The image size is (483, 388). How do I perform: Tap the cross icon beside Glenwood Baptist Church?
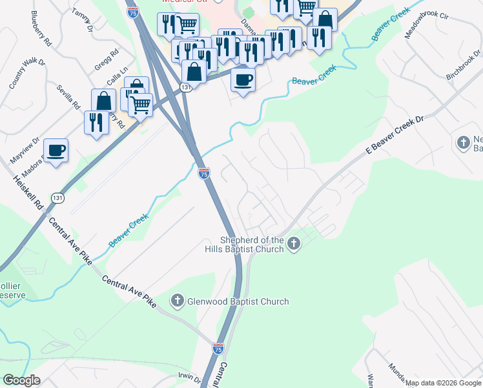click(178, 301)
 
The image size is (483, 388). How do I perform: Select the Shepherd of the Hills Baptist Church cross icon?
click(294, 244)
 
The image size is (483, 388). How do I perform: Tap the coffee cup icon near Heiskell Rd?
click(56, 151)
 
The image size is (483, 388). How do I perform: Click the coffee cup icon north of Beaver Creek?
click(243, 80)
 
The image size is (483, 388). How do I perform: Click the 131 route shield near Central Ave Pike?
click(58, 198)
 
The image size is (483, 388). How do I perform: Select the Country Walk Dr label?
click(26, 73)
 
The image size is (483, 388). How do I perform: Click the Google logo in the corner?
click(21, 380)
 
